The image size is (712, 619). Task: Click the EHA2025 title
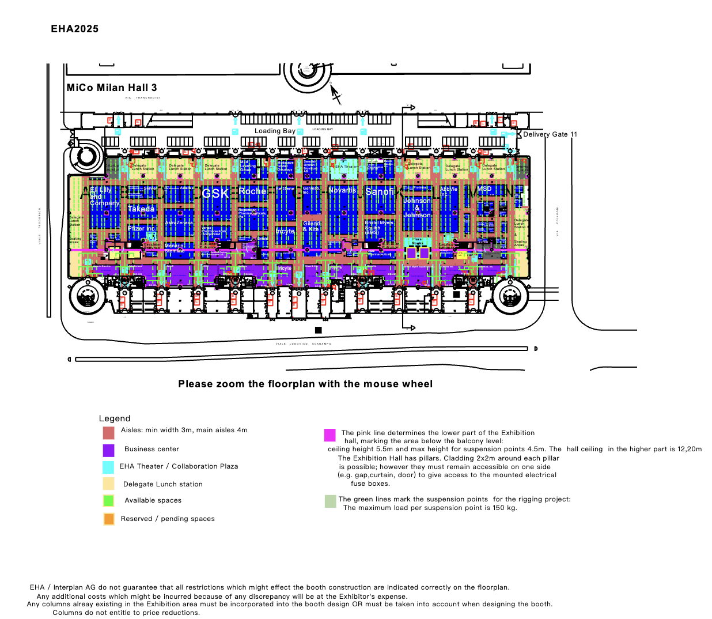[74, 29]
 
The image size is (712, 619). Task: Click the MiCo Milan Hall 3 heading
[112, 88]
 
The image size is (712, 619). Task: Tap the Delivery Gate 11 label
[550, 134]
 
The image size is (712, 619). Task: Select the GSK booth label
[215, 193]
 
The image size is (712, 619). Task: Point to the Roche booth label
[252, 191]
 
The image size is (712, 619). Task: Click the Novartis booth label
[342, 190]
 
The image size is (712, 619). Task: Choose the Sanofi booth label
[380, 191]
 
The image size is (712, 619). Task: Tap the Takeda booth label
[141, 209]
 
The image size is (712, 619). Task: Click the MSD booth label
[484, 189]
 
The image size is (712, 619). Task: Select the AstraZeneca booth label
[179, 222]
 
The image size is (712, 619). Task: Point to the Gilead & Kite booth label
[312, 227]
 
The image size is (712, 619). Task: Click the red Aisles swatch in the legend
[108, 432]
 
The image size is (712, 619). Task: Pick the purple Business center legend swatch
[108, 450]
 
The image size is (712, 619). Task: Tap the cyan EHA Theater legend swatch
[108, 467]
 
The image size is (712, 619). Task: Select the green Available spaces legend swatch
[108, 500]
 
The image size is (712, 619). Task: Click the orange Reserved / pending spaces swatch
[108, 519]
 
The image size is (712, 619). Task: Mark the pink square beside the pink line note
[330, 435]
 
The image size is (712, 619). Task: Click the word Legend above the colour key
[115, 418]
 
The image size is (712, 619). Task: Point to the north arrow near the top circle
[335, 93]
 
